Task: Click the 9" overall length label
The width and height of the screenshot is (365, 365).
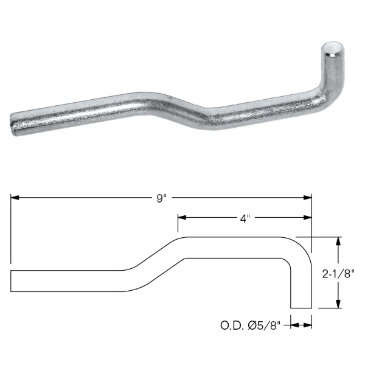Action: click(x=162, y=198)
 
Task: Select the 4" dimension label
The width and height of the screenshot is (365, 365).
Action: click(x=245, y=218)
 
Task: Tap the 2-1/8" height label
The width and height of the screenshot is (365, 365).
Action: click(x=338, y=274)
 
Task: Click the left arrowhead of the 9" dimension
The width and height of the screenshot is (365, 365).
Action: click(x=15, y=198)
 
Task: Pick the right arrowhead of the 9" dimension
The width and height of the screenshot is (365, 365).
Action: click(x=308, y=198)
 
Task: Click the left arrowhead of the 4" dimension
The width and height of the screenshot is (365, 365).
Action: click(x=182, y=218)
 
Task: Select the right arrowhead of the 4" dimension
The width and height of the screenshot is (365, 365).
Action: click(x=308, y=218)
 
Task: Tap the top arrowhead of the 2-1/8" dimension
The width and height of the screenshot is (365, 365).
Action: click(x=338, y=241)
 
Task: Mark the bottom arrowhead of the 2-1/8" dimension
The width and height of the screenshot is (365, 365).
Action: click(x=338, y=304)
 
